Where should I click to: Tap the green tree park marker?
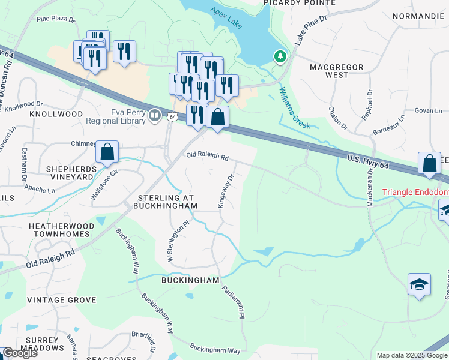tap(279, 57)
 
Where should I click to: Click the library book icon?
tap(156, 114)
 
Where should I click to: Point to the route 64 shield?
tap(172, 117)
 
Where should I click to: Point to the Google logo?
tap(20, 353)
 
